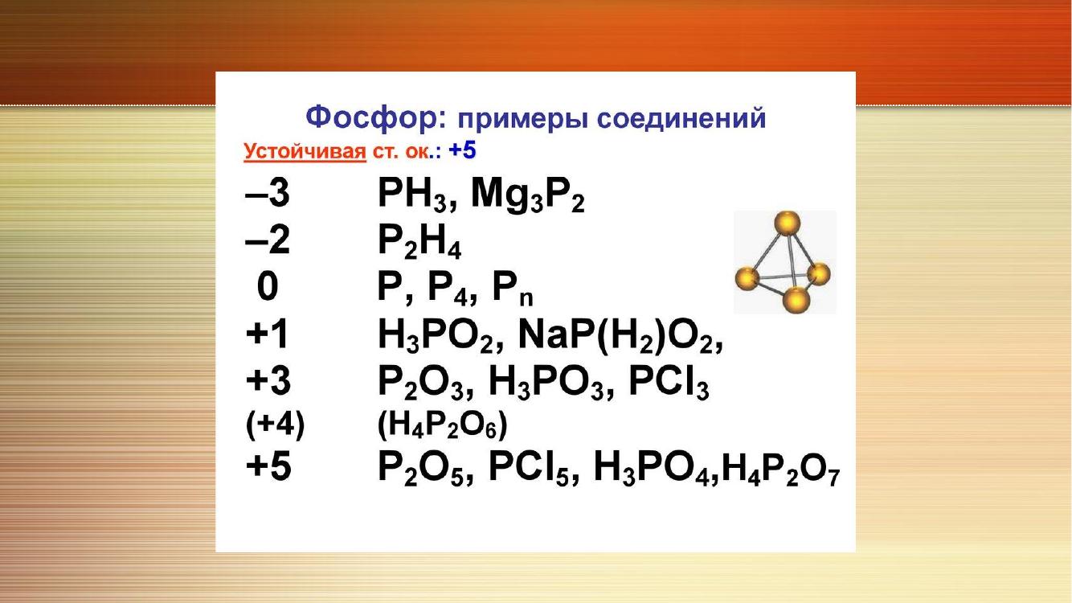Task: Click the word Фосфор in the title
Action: tap(376, 118)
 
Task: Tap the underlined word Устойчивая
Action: tap(305, 151)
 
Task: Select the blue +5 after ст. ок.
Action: tap(462, 150)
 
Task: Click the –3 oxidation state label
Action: tap(268, 193)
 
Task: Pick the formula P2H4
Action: tap(419, 242)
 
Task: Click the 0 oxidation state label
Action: tap(268, 286)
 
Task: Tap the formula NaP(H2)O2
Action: tap(620, 336)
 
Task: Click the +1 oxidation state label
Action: tap(267, 334)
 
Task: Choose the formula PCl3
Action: tap(669, 384)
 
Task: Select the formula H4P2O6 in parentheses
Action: tap(442, 425)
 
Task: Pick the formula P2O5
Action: tap(426, 468)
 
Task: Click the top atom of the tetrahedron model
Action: tap(788, 224)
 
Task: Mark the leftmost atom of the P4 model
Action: tap(747, 279)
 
